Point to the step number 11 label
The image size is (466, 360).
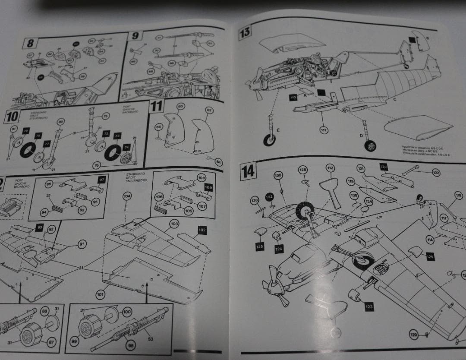(156, 106)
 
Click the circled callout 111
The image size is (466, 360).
(323, 129)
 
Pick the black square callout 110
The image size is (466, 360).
(294, 98)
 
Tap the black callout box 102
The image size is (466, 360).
(202, 231)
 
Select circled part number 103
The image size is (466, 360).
(174, 224)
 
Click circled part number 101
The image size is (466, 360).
(100, 295)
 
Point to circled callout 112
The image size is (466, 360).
(330, 168)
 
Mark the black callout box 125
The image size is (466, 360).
(430, 256)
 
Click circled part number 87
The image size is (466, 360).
(51, 342)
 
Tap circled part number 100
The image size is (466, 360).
(127, 311)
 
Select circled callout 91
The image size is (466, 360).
(82, 244)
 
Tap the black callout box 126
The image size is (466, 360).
(260, 246)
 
